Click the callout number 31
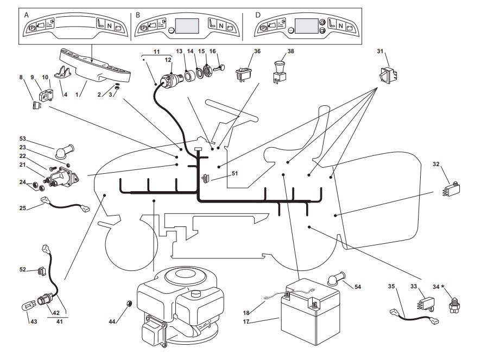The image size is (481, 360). (381, 52)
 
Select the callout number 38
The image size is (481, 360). (291, 52)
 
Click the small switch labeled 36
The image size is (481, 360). (243, 75)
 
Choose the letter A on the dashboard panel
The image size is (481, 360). (27, 15)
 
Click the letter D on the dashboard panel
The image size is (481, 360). (258, 15)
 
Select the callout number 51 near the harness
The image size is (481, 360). (235, 174)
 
